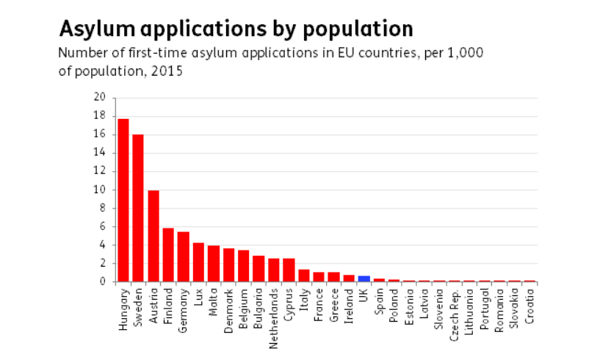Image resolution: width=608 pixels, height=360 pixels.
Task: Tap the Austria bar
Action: point(153,236)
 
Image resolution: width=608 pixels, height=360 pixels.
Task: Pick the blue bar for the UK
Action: point(363,278)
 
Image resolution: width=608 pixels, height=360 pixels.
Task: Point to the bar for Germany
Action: point(184,256)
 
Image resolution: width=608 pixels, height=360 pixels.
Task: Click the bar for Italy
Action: point(303,276)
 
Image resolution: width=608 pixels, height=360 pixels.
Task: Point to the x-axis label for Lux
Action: point(198,297)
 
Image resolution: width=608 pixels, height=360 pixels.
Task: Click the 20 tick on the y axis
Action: point(100,98)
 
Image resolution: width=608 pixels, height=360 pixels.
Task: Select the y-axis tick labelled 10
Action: point(100,190)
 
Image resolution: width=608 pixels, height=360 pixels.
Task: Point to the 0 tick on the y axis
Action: point(103,281)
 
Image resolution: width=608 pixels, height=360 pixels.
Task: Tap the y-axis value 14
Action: point(100,153)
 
